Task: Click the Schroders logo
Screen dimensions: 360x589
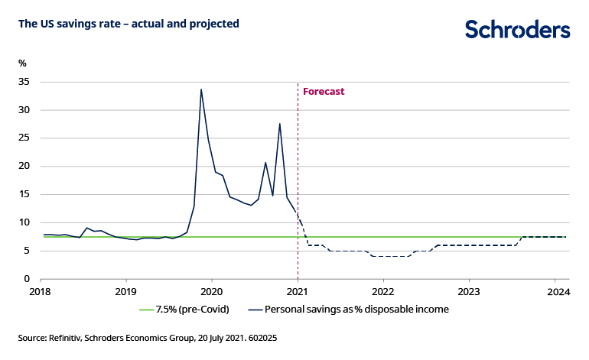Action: click(518, 30)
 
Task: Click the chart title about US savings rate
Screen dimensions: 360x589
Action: click(129, 24)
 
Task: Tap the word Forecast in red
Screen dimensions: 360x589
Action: click(324, 92)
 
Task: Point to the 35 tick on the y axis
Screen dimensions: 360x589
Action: click(24, 82)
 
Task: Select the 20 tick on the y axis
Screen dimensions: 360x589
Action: click(24, 166)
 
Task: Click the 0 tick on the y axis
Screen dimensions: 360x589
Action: click(27, 279)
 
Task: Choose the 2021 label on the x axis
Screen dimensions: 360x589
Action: click(297, 291)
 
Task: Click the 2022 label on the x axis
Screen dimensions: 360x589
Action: click(382, 291)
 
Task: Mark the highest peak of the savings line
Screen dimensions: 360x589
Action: click(201, 89)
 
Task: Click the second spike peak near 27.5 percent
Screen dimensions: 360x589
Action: click(280, 124)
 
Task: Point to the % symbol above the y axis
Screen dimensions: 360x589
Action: click(22, 63)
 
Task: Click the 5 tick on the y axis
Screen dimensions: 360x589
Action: click(27, 251)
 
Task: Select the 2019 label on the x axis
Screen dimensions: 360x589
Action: click(125, 291)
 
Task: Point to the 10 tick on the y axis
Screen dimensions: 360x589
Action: click(24, 222)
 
